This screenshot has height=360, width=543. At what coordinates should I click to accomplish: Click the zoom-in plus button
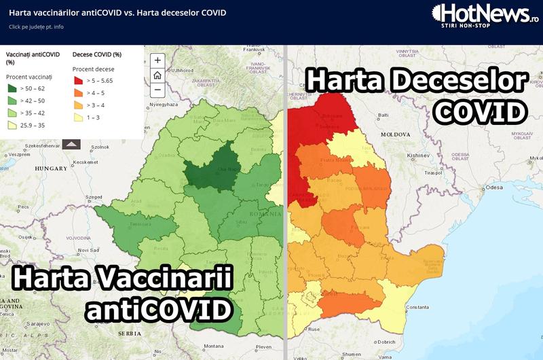(157, 60)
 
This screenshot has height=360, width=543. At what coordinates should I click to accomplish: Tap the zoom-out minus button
(157, 90)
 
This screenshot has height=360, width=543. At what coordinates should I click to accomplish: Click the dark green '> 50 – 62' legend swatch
(13, 88)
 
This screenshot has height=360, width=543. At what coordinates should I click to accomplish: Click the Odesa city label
(493, 186)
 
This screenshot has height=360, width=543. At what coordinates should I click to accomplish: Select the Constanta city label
(417, 307)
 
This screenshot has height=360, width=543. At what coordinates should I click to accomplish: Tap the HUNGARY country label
(48, 167)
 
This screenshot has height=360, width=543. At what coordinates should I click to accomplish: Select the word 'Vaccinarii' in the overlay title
(169, 279)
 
